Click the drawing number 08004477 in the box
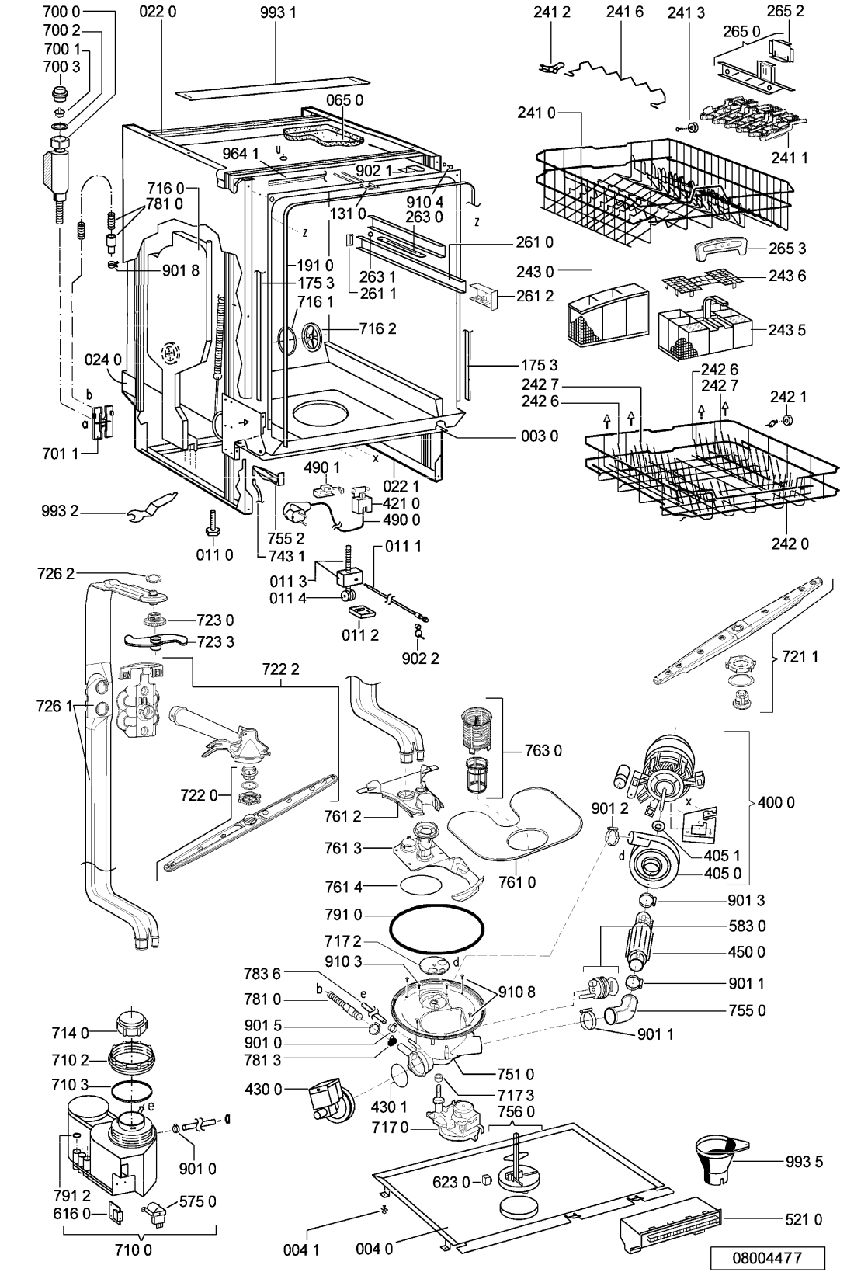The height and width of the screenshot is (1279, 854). tap(767, 1258)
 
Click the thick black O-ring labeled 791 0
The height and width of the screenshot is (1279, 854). tap(436, 930)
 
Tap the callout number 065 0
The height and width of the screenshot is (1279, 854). tap(344, 100)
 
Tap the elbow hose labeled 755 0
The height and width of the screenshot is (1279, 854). tap(620, 1010)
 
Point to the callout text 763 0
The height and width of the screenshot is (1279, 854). tap(543, 750)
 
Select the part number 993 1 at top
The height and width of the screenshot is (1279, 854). tap(278, 12)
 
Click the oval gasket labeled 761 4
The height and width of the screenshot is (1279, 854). tap(422, 886)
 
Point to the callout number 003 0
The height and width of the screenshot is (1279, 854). tap(540, 436)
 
